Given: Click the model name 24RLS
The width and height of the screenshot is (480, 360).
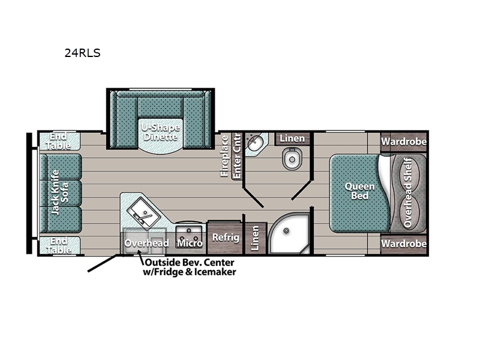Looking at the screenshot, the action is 82,53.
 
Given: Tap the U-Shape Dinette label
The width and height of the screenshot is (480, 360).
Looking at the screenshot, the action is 160,132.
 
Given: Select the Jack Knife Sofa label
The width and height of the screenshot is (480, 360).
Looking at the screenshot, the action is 59,193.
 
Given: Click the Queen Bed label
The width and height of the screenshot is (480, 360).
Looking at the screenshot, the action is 359,191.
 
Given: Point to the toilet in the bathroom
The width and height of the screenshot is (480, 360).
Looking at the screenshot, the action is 292,158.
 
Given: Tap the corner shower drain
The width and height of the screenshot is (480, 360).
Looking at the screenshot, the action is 286,230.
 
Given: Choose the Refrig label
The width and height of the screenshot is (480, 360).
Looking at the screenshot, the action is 226,237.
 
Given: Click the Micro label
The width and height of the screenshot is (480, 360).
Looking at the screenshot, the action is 190,243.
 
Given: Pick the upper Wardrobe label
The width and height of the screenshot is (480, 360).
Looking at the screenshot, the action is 404,142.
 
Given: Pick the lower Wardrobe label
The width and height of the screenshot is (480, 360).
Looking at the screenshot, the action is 404,244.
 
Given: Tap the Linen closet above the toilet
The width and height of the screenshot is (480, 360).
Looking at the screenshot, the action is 292,139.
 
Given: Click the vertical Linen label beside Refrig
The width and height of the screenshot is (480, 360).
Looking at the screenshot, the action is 255,238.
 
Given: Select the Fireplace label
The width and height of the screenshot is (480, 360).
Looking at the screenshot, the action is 224,156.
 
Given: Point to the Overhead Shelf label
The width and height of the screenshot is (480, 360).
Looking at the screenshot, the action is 408,192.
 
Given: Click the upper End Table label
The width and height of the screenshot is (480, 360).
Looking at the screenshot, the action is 58,141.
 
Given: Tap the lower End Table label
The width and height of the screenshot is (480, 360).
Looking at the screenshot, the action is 58,245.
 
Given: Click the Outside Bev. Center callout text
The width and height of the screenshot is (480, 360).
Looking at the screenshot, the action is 190,267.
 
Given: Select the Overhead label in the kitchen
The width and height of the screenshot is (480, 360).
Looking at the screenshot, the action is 146,243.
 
